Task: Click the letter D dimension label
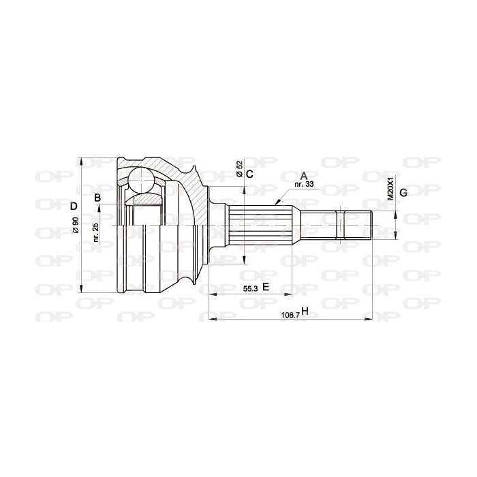point(74,206)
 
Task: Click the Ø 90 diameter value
point(76,226)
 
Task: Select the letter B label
point(97,198)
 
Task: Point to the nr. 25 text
point(96,233)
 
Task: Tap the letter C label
point(249,174)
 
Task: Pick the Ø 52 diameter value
point(239,169)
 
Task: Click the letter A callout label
point(304,176)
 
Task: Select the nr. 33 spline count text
point(304,184)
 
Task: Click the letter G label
point(403,193)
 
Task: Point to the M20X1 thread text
point(390,189)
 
